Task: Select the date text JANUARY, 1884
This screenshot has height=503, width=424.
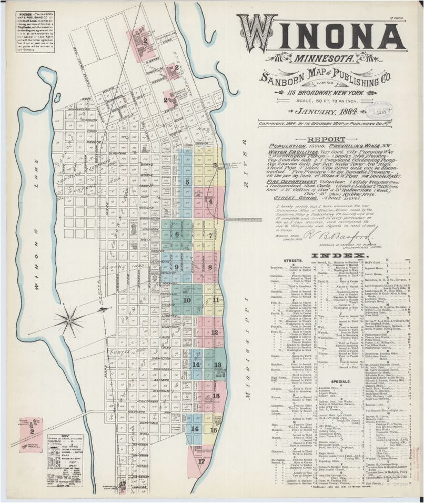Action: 326,112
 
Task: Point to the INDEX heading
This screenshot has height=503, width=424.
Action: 339,256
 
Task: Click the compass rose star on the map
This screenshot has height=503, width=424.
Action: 68,319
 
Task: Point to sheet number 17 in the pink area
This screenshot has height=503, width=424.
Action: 201,461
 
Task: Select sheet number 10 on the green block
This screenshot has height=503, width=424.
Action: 187,300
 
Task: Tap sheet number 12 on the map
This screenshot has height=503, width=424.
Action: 215,332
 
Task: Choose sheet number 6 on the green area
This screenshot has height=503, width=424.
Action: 177,235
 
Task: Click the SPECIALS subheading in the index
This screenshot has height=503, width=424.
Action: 341,381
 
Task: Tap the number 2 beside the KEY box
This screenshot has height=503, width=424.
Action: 32,431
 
